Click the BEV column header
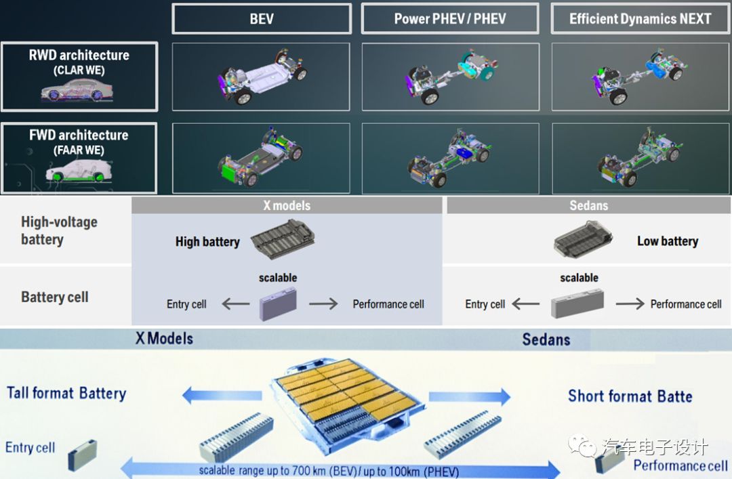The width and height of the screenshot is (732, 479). coord(262,19)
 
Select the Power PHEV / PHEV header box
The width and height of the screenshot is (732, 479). coord(450,19)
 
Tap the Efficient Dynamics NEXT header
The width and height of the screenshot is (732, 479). coord(640,19)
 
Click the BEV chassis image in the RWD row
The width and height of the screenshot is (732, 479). coord(261,77)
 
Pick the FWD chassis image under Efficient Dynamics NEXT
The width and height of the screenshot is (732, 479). coord(640,159)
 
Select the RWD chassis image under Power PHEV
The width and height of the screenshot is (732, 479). coord(450,77)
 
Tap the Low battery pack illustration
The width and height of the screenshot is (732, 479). coord(584,238)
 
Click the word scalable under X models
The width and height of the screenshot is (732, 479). coord(278,278)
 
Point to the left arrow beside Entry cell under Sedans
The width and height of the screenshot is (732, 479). coord(526,304)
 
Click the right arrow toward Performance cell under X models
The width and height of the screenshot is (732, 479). coord(323,304)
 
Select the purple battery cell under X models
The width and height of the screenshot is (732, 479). coord(279,304)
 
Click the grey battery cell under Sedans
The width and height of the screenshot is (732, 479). coord(577,304)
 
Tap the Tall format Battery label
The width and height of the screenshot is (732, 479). coord(66,393)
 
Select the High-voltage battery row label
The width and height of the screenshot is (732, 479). coord(59,230)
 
